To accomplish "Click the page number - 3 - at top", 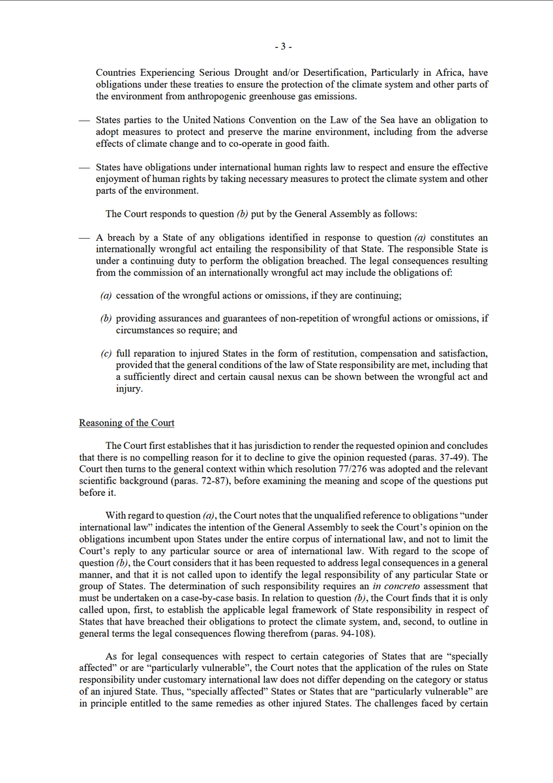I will [283, 47].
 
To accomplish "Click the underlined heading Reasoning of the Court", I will [127, 423].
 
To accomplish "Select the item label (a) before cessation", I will [106, 296].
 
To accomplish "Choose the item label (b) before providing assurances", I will [106, 318].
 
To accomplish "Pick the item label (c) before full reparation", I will [106, 353].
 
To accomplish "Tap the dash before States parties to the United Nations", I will [83, 121].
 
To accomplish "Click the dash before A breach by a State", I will [83, 238].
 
